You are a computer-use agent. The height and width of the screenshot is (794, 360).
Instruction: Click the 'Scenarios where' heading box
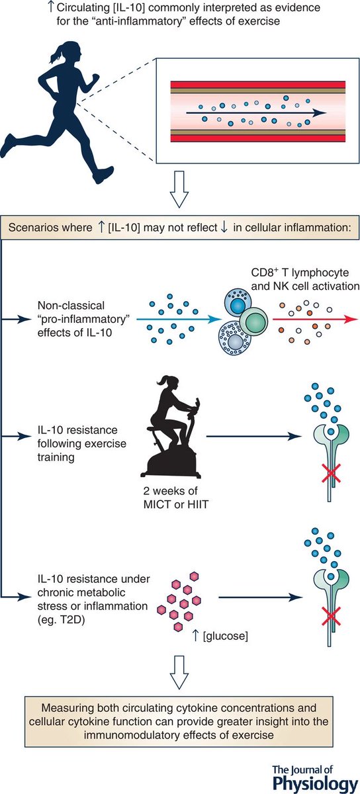point(180,229)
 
